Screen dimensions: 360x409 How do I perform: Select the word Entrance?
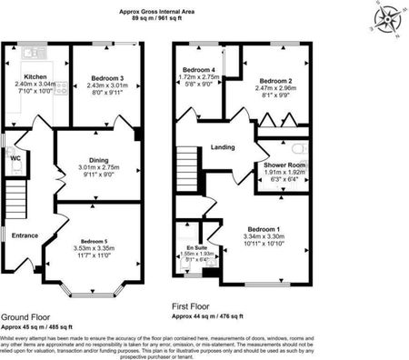click(x=25, y=235)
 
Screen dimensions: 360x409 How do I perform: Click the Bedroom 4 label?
click(x=198, y=70)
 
